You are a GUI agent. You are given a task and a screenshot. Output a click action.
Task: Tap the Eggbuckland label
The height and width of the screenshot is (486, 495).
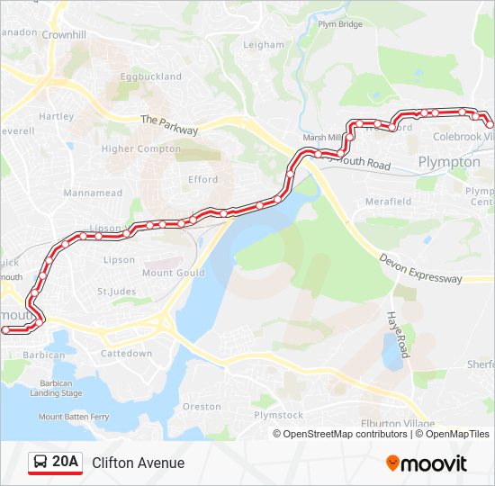(151, 77)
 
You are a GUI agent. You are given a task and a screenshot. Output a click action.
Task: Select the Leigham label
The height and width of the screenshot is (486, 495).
(264, 44)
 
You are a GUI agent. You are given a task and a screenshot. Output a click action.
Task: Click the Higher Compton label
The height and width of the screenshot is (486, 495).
(141, 148)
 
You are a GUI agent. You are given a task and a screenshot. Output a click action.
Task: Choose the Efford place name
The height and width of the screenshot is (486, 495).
(202, 179)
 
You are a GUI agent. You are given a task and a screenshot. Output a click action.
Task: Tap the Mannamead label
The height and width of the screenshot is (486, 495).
(93, 193)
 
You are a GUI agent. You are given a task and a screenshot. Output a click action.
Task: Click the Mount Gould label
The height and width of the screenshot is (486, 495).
(173, 273)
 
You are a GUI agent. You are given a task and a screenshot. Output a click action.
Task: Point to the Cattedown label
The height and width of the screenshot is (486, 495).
(126, 354)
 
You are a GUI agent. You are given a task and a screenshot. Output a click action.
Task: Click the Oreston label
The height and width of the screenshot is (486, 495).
(202, 407)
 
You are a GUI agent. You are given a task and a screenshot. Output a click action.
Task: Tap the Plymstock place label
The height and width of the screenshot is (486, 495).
(278, 415)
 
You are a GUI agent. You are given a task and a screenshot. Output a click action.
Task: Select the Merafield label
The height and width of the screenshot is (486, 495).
(388, 202)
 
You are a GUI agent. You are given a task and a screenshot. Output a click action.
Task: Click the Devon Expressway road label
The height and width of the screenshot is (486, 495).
(420, 268)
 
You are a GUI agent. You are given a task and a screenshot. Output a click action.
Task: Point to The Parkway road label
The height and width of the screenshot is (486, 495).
(169, 125)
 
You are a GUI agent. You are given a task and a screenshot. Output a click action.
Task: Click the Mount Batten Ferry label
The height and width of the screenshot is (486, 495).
(74, 417)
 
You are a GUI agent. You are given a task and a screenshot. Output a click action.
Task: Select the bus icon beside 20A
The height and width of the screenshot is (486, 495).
(40, 463)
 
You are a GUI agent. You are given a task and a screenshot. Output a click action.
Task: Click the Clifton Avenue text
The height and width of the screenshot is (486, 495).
(138, 463)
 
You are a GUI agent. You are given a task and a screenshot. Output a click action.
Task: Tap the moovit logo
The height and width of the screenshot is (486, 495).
(427, 463)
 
